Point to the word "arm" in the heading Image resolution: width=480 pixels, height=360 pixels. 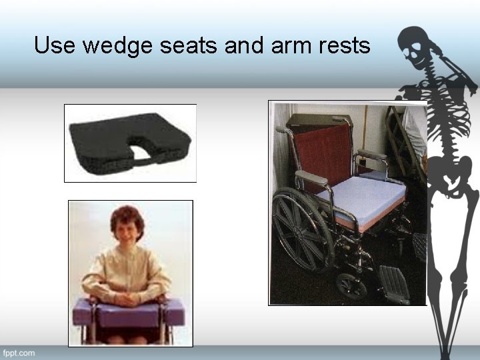tap(281, 46)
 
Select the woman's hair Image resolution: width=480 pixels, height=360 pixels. tap(127, 219)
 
